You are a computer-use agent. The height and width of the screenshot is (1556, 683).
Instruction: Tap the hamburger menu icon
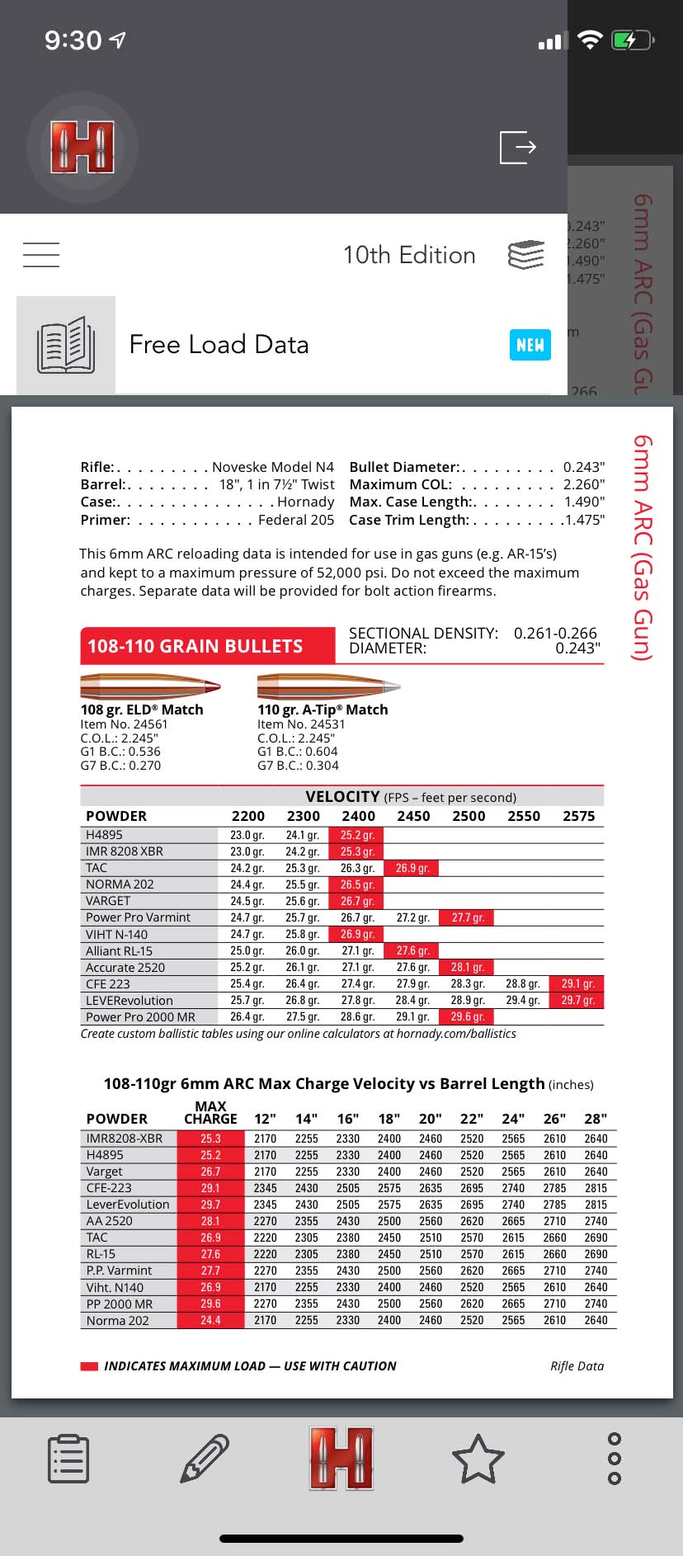click(x=41, y=254)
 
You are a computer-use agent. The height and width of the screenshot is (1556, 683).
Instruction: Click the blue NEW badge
click(x=530, y=344)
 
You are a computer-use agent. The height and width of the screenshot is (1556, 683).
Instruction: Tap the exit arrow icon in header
click(x=518, y=147)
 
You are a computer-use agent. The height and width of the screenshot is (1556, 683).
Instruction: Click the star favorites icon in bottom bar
click(x=478, y=1458)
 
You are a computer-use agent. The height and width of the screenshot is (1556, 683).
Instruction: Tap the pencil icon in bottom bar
click(x=205, y=1458)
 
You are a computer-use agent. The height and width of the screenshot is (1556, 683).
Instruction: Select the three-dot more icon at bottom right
click(x=614, y=1458)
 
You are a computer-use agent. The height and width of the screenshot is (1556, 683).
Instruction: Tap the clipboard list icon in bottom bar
click(x=68, y=1458)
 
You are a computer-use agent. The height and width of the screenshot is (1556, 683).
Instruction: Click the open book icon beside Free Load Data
click(x=66, y=345)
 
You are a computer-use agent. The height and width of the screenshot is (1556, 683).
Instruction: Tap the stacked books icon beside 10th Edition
click(x=526, y=255)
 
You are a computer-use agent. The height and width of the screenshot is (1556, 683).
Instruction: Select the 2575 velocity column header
click(x=578, y=816)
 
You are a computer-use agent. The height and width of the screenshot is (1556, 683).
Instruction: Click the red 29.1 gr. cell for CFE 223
click(x=577, y=983)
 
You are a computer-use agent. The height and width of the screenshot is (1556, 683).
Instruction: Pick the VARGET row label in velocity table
click(x=108, y=901)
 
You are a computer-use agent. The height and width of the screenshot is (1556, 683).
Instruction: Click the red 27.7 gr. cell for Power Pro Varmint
click(x=468, y=917)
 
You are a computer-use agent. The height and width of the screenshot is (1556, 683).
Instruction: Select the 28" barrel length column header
click(x=596, y=1119)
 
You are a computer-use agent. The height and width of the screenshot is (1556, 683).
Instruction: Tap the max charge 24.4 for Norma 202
click(x=210, y=1320)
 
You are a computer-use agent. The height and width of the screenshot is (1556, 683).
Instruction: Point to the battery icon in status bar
click(x=632, y=40)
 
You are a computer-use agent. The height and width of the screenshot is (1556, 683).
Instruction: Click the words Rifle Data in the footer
click(x=577, y=1365)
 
